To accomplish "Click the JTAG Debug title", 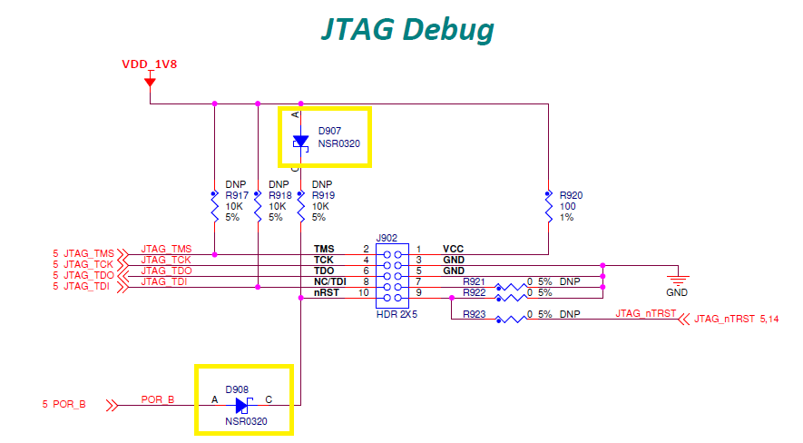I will (407, 29).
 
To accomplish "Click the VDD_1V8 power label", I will (150, 64).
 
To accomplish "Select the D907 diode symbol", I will (300, 142).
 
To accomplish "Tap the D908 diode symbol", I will (242, 405).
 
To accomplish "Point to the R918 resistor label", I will (279, 195).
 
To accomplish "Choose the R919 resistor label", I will (323, 195).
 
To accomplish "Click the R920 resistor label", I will (571, 195).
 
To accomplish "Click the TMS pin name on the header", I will (324, 249).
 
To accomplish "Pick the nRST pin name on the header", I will (326, 292).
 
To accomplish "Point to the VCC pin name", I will (454, 249).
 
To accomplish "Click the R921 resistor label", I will (474, 281).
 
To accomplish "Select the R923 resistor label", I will (474, 314).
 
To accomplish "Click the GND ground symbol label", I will (677, 293).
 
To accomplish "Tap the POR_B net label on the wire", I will (158, 399).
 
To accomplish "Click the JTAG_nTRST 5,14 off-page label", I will (730, 320).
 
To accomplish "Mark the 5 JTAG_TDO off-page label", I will (83, 275).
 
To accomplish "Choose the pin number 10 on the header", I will (363, 292).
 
